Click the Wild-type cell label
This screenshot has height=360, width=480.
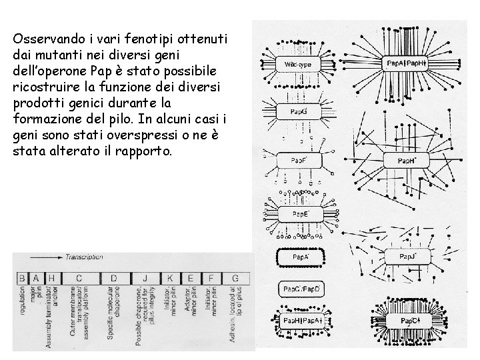[x=298, y=64]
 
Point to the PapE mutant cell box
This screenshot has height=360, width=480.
[x=301, y=214]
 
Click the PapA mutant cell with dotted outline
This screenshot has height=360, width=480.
[x=301, y=256]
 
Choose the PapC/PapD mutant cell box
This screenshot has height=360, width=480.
[x=301, y=289]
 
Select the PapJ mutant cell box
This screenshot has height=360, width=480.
[x=408, y=256]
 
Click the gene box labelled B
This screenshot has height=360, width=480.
[x=22, y=277]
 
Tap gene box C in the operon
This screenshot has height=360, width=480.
[x=79, y=277]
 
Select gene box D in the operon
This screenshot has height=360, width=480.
[x=114, y=277]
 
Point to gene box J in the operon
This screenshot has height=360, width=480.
[x=146, y=277]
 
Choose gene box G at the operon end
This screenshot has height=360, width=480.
[x=235, y=277]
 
